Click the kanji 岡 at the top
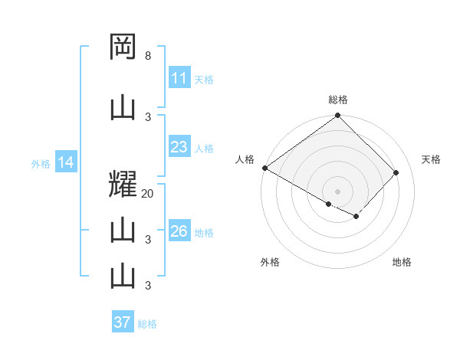[123, 47]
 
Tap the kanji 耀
[123, 186]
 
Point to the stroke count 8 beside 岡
[148, 56]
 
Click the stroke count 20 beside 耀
[148, 194]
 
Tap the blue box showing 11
[179, 78]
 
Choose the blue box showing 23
[179, 147]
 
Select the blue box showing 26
[179, 231]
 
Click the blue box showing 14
[65, 162]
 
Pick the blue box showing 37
[123, 322]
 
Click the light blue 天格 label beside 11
[204, 79]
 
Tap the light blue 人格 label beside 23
[204, 148]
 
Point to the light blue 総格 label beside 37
[147, 323]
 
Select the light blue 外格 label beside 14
[40, 163]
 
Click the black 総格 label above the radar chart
[338, 100]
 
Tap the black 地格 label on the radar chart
[402, 262]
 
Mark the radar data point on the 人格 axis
[264, 168]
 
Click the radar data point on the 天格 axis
[396, 172]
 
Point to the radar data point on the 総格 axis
[338, 116]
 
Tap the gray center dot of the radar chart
[338, 191]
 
